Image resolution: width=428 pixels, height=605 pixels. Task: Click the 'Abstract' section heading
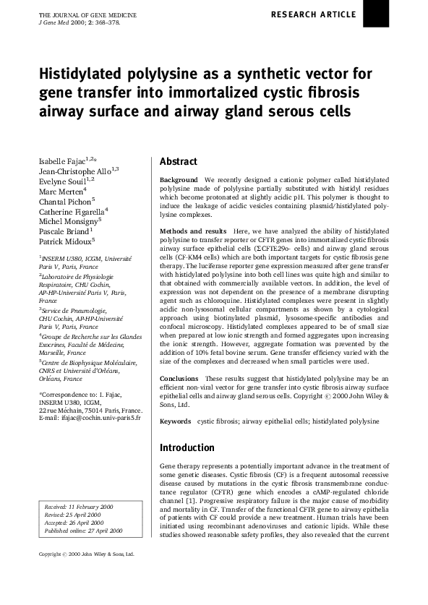[179, 162]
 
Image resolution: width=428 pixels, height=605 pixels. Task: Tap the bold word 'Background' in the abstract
[178, 179]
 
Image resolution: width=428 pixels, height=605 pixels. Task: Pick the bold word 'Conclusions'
[179, 379]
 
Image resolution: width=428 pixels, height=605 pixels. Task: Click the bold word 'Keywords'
[175, 421]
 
